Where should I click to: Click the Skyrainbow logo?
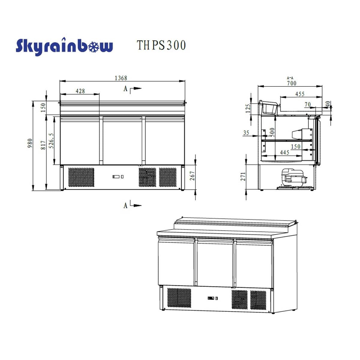[64, 46]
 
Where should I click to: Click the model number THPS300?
[161, 45]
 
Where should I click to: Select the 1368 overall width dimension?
[121, 78]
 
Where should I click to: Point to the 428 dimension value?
[80, 91]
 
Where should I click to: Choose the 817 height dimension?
[43, 145]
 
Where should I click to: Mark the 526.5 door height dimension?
[51, 141]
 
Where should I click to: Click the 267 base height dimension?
[192, 176]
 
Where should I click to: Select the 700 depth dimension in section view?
[291, 83]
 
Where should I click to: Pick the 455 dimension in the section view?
[300, 94]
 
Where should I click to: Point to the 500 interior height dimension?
[272, 132]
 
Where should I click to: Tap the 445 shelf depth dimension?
[284, 152]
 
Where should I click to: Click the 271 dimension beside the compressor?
[243, 176]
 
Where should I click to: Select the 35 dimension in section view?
[246, 133]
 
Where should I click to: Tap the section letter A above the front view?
[125, 89]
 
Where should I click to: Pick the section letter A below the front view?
[125, 205]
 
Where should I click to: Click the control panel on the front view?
[118, 177]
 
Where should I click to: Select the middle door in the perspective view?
[214, 261]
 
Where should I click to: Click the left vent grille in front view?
[81, 177]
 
